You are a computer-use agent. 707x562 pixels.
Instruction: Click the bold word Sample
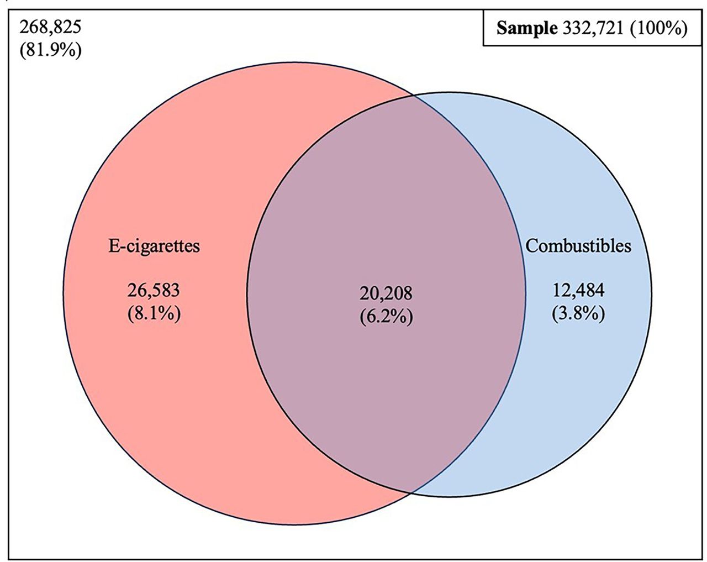click(x=527, y=28)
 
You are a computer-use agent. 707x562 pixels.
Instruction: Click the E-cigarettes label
click(x=154, y=245)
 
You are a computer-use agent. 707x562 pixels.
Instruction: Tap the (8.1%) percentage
click(x=154, y=314)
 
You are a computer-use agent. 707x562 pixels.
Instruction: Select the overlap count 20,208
click(x=386, y=293)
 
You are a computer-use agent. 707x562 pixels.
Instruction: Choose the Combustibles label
click(x=578, y=245)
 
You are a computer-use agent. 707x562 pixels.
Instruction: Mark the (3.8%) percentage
click(x=578, y=314)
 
